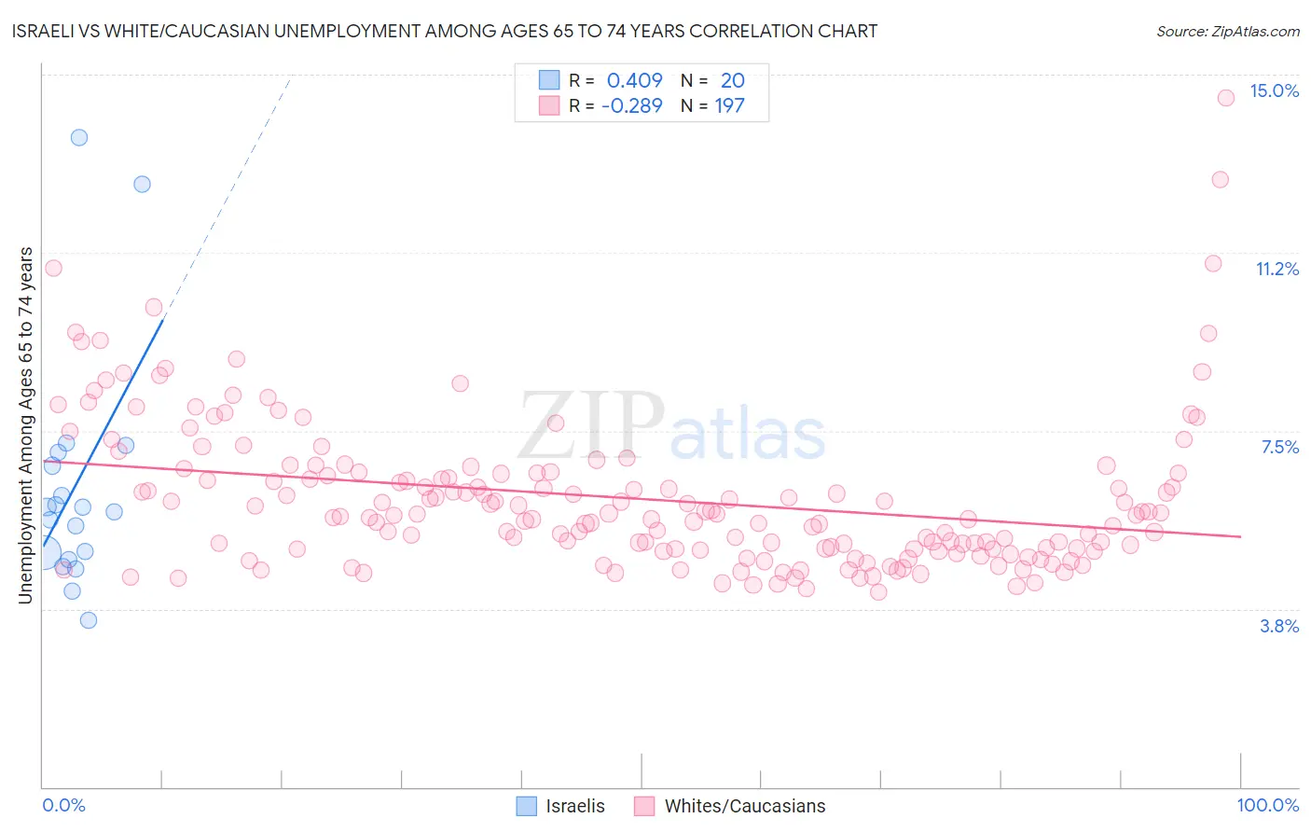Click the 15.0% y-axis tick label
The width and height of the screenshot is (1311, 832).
1274,90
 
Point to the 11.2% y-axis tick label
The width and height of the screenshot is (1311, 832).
1276,269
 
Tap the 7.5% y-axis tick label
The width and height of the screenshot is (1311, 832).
1279,447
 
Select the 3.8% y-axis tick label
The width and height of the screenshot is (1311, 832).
1279,626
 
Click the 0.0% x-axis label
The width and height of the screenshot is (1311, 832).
63,805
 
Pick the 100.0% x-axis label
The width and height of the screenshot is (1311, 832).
1267,805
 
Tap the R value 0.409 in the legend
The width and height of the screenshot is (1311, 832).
634,80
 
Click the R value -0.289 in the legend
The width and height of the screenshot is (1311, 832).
631,105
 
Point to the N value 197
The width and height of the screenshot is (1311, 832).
729,105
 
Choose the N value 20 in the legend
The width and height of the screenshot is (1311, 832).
732,80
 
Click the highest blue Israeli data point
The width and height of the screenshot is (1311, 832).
79,137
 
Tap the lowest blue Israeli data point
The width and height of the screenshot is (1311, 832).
89,620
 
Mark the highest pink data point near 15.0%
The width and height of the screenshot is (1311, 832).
1226,97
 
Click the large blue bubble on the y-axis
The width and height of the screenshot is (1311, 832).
42,553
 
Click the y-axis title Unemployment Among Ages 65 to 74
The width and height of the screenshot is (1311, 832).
26,424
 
